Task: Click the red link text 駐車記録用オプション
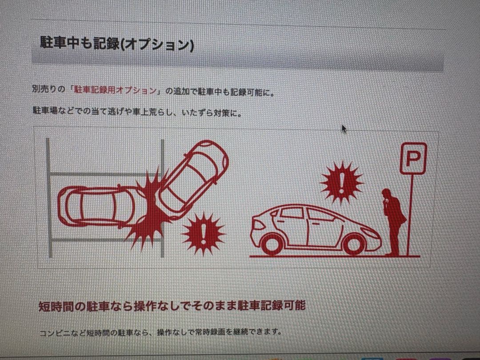tap(115, 91)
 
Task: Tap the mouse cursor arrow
tap(344, 128)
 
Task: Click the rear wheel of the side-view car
tap(272, 244)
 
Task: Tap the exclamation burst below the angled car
tap(203, 233)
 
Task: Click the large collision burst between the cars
tap(149, 209)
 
